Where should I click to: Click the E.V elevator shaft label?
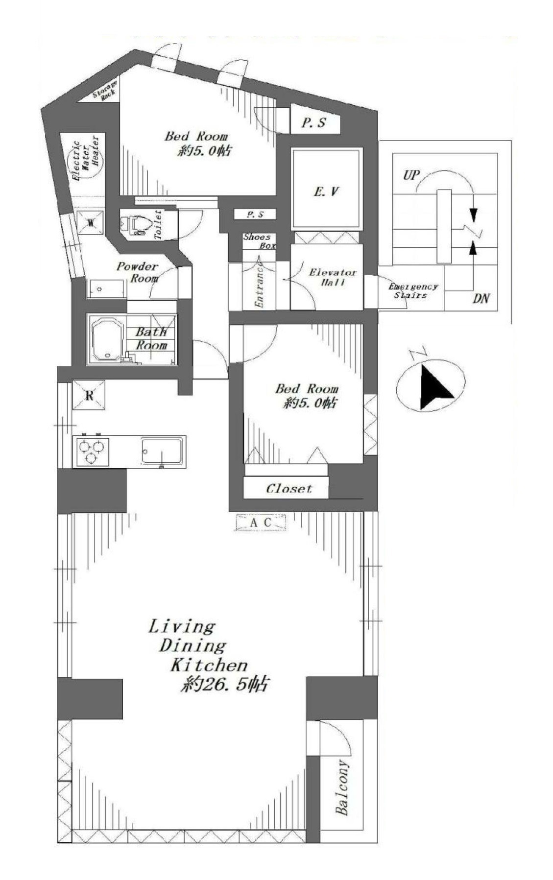[326, 191]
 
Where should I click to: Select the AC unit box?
[260, 522]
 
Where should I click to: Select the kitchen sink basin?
[162, 451]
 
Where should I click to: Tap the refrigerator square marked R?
[89, 395]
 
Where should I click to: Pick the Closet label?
[289, 489]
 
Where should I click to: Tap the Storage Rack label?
[106, 91]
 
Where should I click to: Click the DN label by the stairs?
[481, 298]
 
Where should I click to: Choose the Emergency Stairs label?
[412, 291]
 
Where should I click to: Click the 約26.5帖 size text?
[224, 685]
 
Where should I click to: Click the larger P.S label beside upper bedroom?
[313, 123]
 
